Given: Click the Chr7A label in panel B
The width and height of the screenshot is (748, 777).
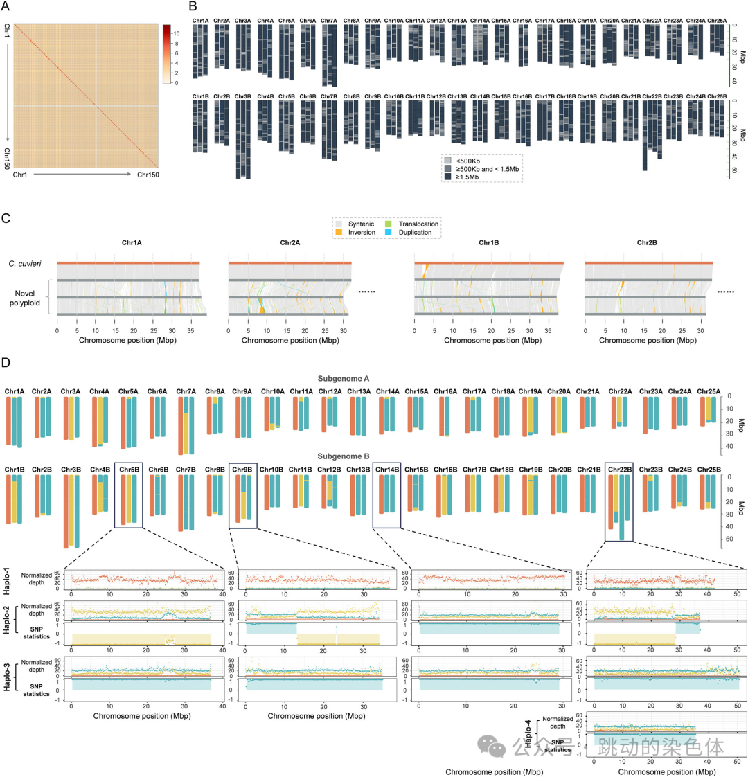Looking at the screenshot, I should [x=329, y=21].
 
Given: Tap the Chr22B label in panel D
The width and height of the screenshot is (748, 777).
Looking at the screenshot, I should [x=618, y=470].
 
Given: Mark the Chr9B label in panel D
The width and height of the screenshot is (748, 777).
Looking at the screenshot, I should [x=242, y=470].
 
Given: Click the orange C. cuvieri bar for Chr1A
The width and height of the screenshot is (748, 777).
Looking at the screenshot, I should [x=129, y=262].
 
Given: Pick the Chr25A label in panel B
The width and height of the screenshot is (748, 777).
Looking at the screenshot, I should [x=718, y=21].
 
